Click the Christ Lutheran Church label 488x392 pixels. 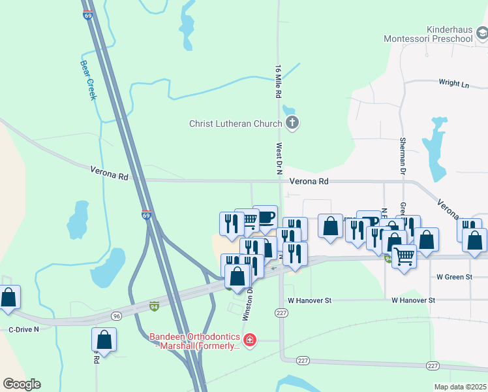(x=236, y=123)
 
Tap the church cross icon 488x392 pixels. (x=292, y=123)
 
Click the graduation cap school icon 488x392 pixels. (x=481, y=33)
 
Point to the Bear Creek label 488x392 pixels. (x=87, y=80)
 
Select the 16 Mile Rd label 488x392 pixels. (x=279, y=82)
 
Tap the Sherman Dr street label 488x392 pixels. (x=403, y=156)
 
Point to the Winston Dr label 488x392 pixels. (x=248, y=305)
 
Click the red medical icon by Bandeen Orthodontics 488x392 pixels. (x=249, y=340)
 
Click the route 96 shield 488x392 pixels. (x=116, y=316)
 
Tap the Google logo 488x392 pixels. (x=22, y=384)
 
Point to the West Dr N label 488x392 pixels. (x=279, y=159)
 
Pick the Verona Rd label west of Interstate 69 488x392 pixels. (x=109, y=175)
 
